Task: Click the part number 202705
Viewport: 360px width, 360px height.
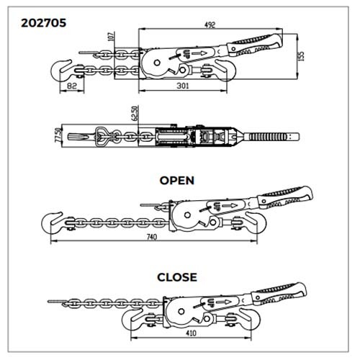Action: click(x=43, y=23)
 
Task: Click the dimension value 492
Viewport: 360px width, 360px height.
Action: click(x=210, y=24)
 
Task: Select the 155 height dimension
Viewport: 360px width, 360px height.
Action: click(x=302, y=56)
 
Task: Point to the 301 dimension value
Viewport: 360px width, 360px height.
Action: click(x=183, y=86)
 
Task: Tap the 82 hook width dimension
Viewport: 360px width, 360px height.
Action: click(x=72, y=86)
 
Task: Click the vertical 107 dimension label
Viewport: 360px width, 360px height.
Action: click(x=111, y=36)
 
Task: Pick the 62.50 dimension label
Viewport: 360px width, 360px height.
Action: click(x=135, y=113)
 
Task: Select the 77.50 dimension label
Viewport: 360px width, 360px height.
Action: click(x=58, y=135)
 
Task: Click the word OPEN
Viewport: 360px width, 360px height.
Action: click(x=177, y=181)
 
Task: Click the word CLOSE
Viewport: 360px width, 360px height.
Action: click(x=177, y=277)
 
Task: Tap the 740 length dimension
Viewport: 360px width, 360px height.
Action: click(x=152, y=237)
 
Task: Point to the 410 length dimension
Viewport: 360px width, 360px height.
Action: click(x=191, y=333)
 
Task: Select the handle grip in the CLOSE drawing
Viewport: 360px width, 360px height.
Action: click(x=279, y=294)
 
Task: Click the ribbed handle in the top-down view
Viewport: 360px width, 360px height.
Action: click(x=274, y=137)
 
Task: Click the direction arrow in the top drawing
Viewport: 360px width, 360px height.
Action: click(x=200, y=53)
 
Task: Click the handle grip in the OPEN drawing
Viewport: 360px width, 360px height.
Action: click(x=286, y=197)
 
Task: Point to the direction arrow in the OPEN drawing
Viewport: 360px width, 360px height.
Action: click(x=229, y=205)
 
